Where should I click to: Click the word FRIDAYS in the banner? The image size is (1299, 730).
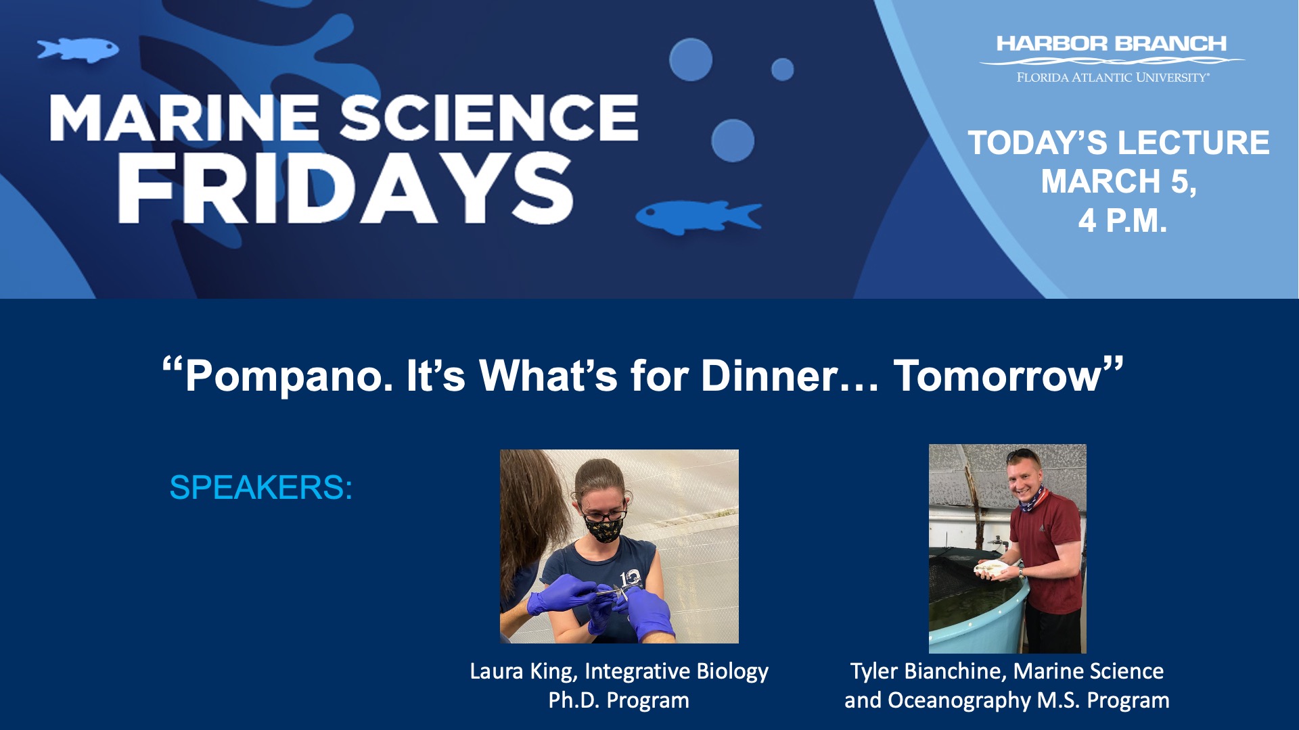click(346, 188)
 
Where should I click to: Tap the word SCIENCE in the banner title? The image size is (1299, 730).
click(488, 118)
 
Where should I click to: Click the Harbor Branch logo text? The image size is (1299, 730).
click(1112, 44)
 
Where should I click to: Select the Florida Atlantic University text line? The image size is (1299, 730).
click(1113, 78)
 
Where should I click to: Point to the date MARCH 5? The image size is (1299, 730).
click(1119, 181)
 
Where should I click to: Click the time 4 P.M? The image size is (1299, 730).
click(1122, 220)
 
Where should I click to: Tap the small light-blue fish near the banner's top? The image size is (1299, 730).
click(78, 50)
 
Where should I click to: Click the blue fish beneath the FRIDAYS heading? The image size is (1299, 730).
click(699, 217)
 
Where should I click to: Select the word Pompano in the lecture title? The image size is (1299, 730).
click(289, 376)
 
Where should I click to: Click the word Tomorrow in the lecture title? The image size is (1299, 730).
click(998, 376)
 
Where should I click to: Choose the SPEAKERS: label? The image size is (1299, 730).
click(261, 487)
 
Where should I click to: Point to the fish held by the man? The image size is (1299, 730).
click(992, 568)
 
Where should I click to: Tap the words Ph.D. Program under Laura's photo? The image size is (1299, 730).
click(618, 700)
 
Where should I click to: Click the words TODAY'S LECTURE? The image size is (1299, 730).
click(1119, 143)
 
